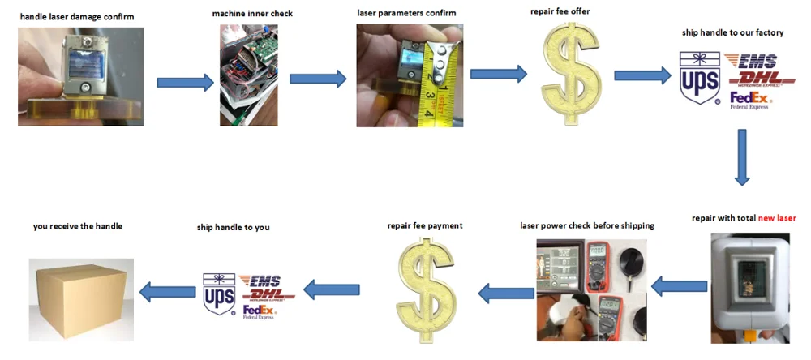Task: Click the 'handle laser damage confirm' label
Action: click(x=77, y=17)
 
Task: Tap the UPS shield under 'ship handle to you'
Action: click(x=220, y=293)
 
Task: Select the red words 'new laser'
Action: click(x=777, y=218)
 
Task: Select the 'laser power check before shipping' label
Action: click(x=586, y=225)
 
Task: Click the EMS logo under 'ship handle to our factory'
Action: click(x=750, y=62)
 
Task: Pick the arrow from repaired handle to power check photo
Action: click(x=679, y=286)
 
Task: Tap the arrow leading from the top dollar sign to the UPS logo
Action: click(x=641, y=75)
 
